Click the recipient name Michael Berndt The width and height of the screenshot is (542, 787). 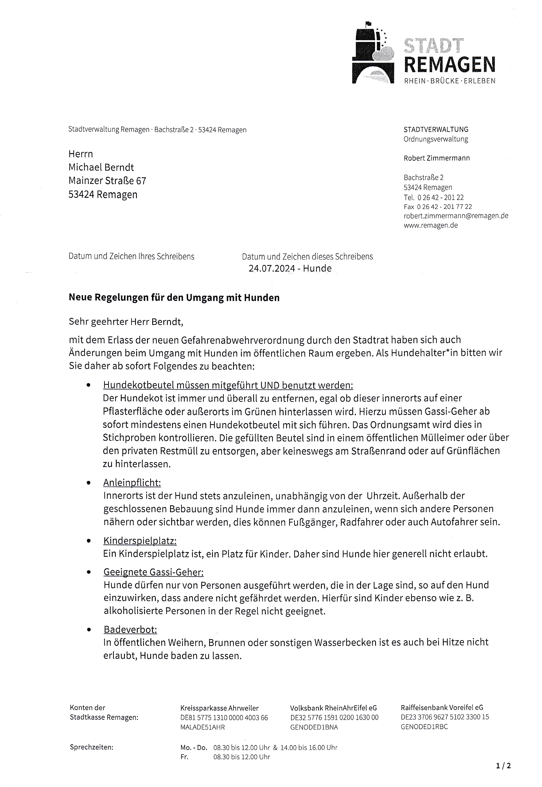(101, 167)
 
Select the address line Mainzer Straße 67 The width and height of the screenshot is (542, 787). (107, 181)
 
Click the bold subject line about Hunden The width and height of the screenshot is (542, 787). (174, 298)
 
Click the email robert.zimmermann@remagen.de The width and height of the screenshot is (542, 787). (456, 216)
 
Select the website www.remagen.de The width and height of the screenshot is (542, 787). (431, 225)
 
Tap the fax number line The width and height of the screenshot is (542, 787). (438, 206)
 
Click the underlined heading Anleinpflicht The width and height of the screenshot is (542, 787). (132, 483)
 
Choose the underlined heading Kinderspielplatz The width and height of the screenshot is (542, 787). (140, 541)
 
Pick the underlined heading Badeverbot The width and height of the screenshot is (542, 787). (130, 629)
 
